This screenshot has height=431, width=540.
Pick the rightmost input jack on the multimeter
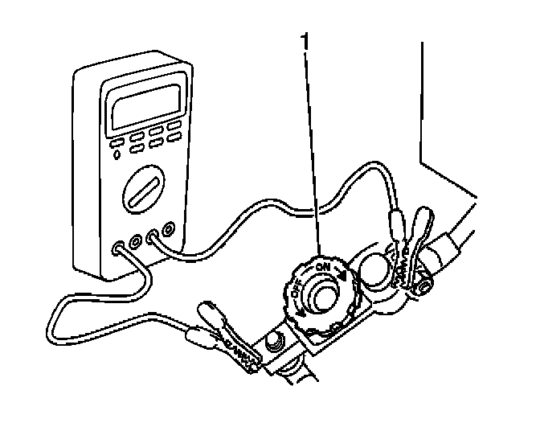[167, 231]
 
